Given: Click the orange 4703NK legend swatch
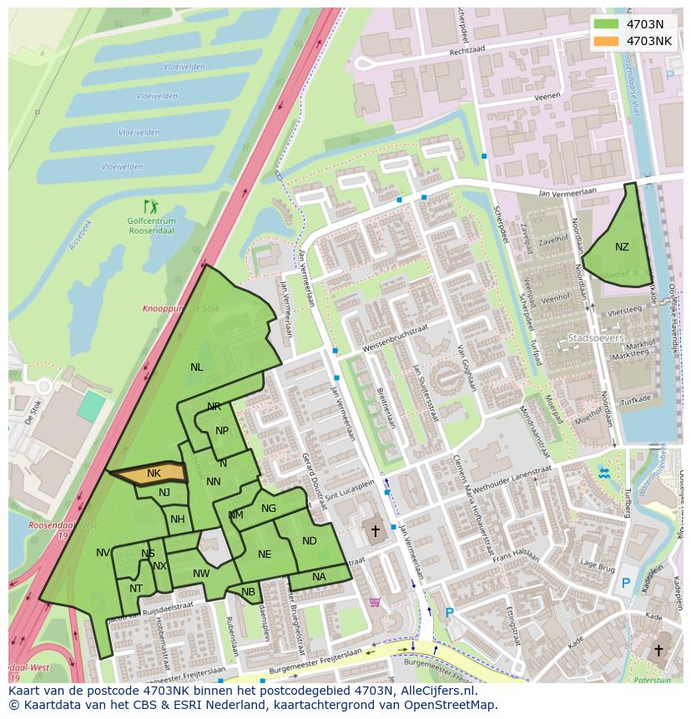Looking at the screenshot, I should [607, 41].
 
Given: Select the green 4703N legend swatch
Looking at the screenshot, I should [607, 24].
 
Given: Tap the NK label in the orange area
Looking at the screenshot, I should [154, 473].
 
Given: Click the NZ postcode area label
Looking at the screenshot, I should [622, 247].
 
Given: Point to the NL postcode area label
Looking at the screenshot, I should [196, 367].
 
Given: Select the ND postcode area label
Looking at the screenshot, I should [310, 541].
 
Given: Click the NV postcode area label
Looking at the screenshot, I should [103, 553].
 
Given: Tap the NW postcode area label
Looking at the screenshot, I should [201, 574].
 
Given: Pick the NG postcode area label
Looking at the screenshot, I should [269, 509].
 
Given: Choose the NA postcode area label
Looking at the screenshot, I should [319, 577].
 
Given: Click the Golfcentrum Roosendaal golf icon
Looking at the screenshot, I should [150, 205].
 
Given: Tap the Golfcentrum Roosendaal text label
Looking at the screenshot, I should [150, 225].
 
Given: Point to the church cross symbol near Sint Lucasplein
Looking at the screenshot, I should [376, 530].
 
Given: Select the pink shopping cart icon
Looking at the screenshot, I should [375, 601].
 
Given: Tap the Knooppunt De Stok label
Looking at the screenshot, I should [180, 309].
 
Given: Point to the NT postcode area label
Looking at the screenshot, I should [136, 589].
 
